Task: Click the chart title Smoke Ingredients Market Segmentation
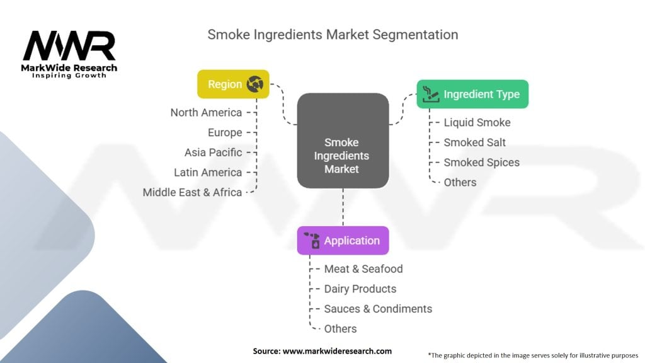point(333,34)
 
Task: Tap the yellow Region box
point(233,84)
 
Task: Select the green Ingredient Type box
point(472,94)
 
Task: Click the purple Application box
point(343,241)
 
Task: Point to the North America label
point(206,112)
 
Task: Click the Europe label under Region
point(225,132)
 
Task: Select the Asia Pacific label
point(213,152)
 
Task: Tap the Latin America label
point(208,172)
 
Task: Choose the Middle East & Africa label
point(192,192)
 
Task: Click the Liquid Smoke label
point(477,122)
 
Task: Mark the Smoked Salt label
point(474,142)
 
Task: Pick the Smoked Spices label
point(481,162)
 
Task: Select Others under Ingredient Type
point(460,182)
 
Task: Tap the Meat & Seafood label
point(363,268)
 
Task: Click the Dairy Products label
point(360,289)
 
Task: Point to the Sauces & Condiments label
point(378,309)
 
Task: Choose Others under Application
point(340,328)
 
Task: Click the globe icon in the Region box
point(255,84)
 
